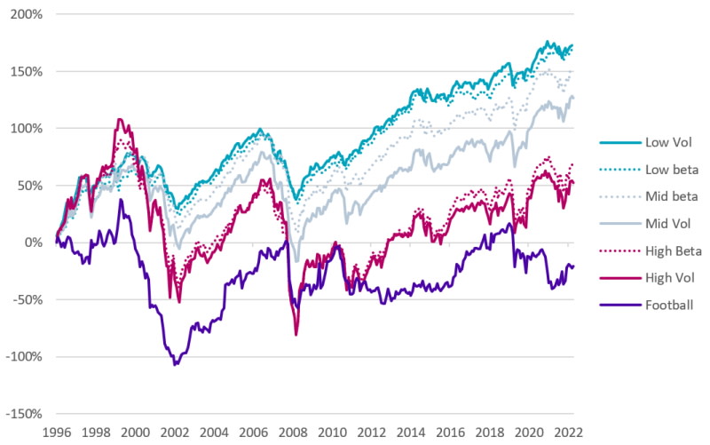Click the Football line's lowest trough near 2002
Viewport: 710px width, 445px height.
click(x=175, y=364)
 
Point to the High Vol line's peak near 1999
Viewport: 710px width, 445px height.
click(x=119, y=119)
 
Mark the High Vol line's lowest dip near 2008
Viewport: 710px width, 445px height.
click(x=296, y=334)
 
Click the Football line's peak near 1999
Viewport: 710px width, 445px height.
click(x=121, y=200)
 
